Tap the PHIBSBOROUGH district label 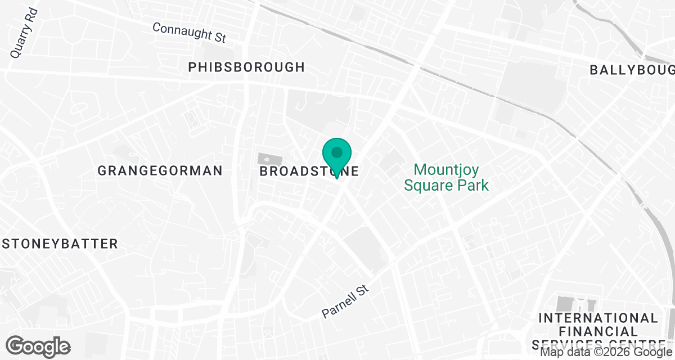pyautogui.click(x=246, y=67)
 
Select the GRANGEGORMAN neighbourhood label pyautogui.click(x=160, y=170)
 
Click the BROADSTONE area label pyautogui.click(x=309, y=171)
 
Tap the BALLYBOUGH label pyautogui.click(x=632, y=70)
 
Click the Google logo pyautogui.click(x=38, y=346)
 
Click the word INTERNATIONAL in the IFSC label pyautogui.click(x=597, y=318)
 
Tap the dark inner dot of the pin pyautogui.click(x=337, y=152)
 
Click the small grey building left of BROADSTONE pyautogui.click(x=264, y=159)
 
